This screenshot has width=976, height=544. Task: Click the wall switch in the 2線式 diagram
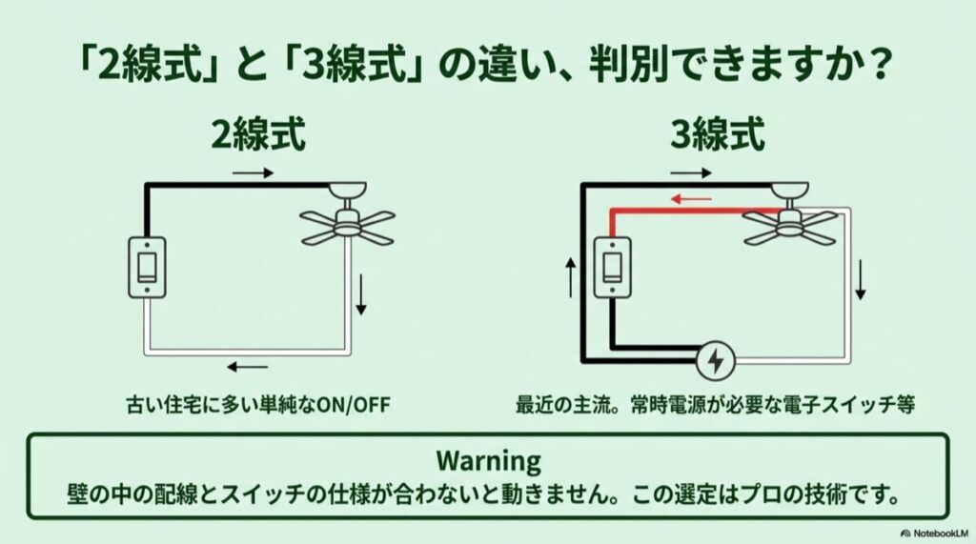pyautogui.click(x=147, y=266)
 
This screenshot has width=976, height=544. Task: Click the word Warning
pyautogui.click(x=488, y=461)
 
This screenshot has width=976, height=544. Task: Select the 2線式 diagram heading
pyautogui.click(x=260, y=136)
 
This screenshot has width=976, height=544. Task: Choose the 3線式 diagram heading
pyautogui.click(x=718, y=136)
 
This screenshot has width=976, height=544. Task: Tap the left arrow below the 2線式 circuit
pyautogui.click(x=247, y=367)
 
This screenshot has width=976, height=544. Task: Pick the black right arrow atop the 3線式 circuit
pyautogui.click(x=692, y=173)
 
